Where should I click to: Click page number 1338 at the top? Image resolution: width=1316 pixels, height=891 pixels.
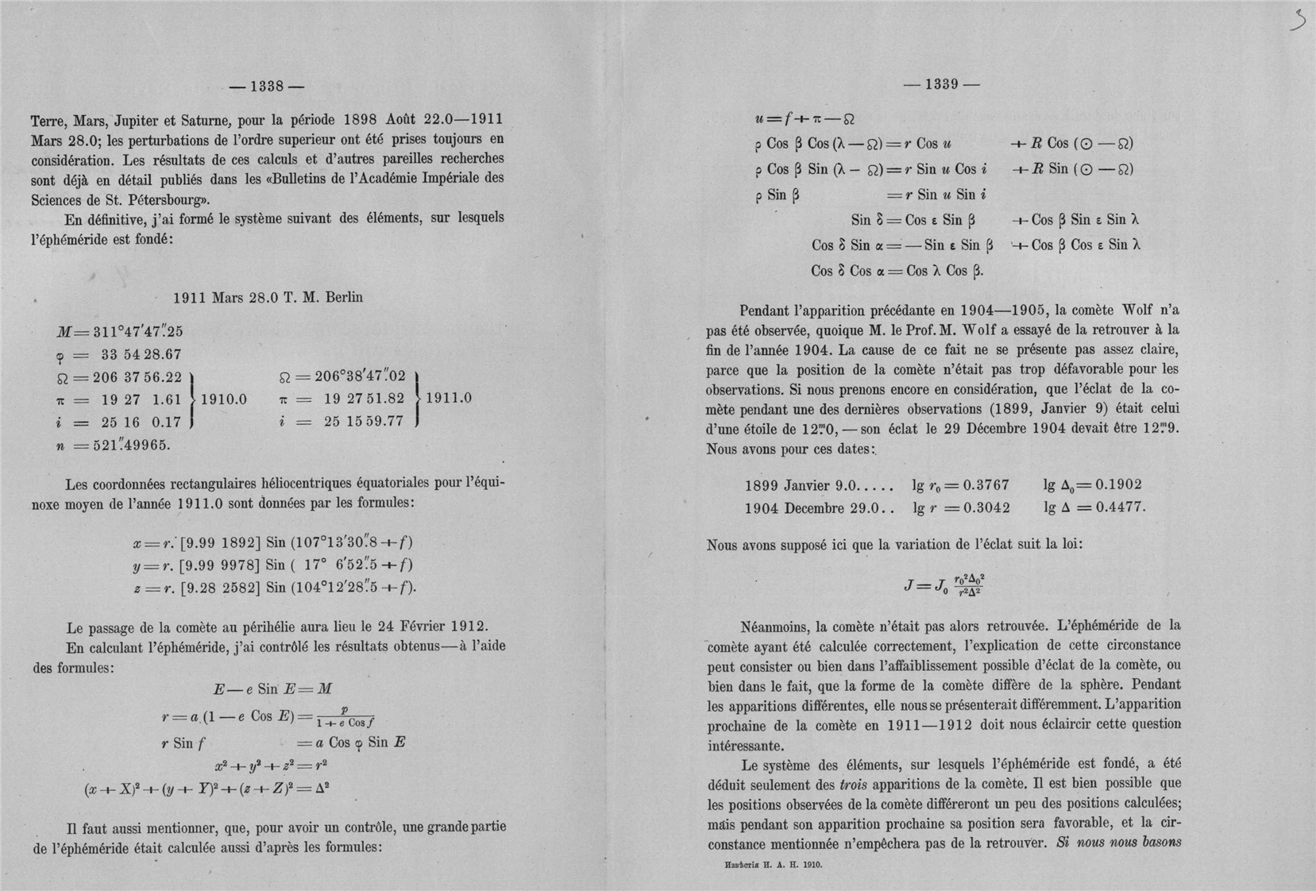click(x=266, y=87)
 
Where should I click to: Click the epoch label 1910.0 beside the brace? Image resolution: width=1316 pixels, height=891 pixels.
click(x=223, y=399)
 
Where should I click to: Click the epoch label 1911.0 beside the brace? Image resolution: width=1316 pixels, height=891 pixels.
click(x=449, y=398)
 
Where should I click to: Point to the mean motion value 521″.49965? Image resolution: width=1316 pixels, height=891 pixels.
click(x=131, y=445)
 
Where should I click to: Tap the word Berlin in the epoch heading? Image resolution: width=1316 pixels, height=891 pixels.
click(x=344, y=298)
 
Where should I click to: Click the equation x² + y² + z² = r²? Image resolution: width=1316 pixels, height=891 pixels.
click(x=271, y=766)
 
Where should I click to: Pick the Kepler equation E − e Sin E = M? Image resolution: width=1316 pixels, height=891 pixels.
click(x=272, y=689)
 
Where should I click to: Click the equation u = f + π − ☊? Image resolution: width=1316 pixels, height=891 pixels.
click(x=805, y=120)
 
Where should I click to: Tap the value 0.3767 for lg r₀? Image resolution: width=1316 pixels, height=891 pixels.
click(x=986, y=485)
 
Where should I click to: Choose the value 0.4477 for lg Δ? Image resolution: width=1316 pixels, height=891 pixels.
click(x=1121, y=507)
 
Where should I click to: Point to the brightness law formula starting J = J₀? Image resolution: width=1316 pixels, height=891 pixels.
click(x=944, y=584)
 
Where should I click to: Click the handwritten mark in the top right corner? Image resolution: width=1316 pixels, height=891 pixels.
click(x=1297, y=19)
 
